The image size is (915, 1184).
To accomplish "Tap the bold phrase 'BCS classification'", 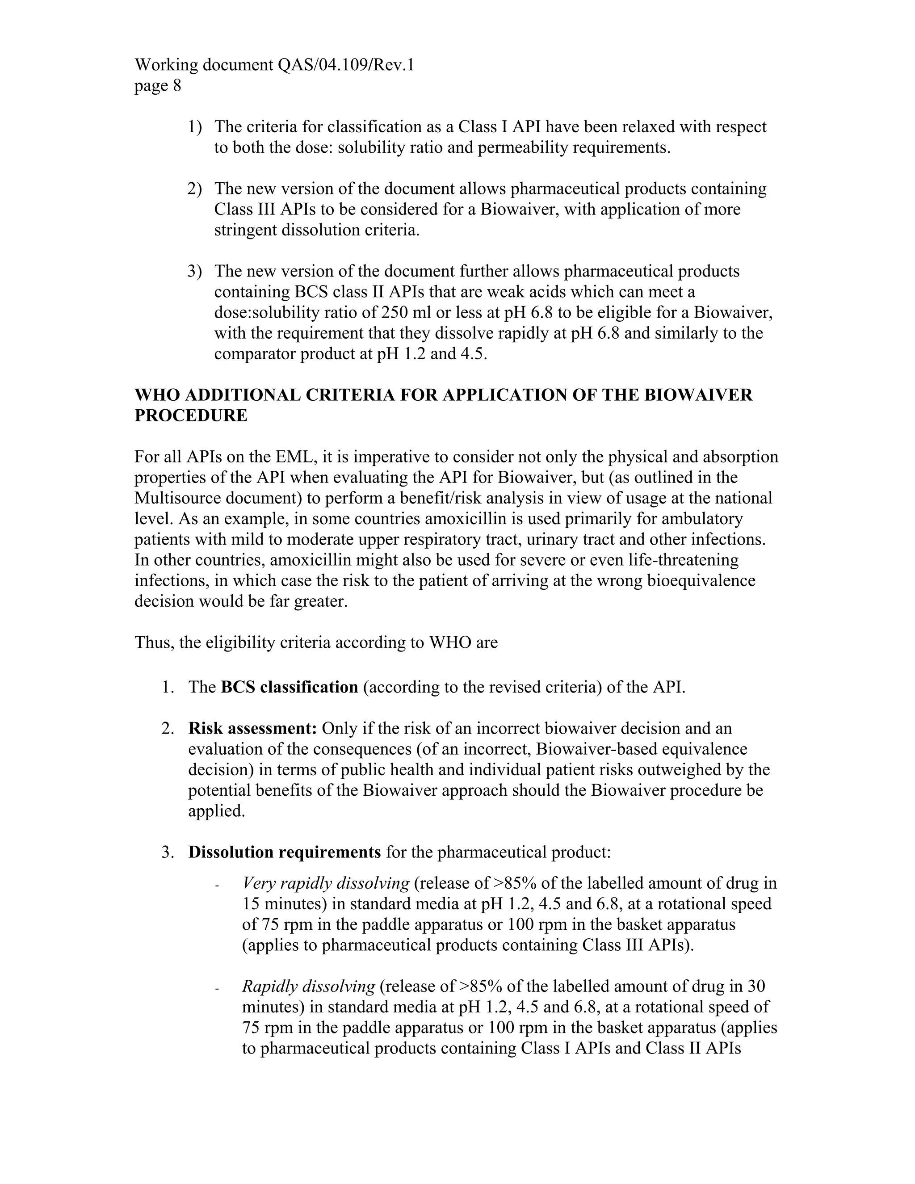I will pyautogui.click(x=289, y=688).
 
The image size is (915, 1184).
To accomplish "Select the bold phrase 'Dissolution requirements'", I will pyautogui.click(x=284, y=852).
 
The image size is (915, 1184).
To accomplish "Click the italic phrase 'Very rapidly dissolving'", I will pyautogui.click(x=325, y=883).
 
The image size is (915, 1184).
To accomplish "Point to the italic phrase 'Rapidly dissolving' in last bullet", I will pyautogui.click(x=308, y=986).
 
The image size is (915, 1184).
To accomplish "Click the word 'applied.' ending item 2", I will pyautogui.click(x=216, y=811).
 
